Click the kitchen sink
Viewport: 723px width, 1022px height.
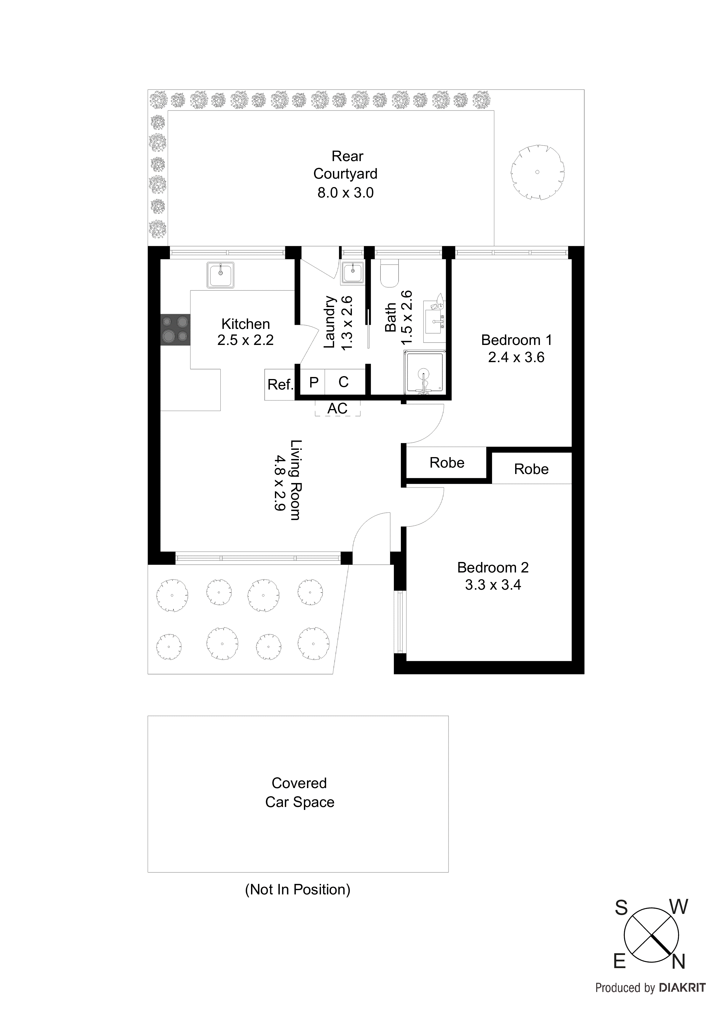[220, 275]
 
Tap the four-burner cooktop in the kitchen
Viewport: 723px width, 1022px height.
[175, 329]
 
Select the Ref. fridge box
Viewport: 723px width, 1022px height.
[279, 385]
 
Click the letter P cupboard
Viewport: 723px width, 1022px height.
[314, 382]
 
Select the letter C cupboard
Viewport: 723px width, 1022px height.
[343, 382]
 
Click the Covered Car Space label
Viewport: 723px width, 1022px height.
[299, 792]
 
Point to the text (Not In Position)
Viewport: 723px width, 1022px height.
[298, 889]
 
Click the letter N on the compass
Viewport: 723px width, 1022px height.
[678, 962]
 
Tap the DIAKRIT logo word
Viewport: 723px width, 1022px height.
[682, 988]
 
